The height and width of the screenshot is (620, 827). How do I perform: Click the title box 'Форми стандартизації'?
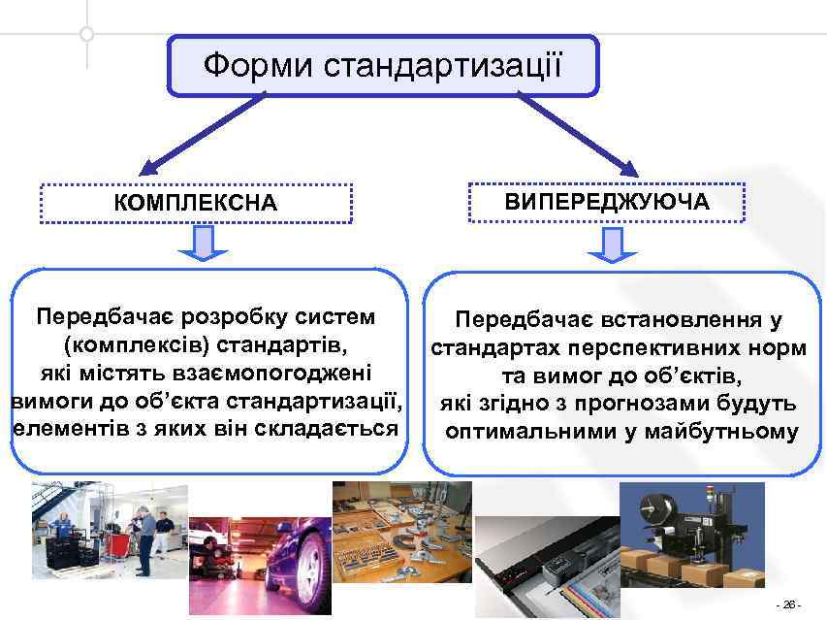pyautogui.click(x=383, y=66)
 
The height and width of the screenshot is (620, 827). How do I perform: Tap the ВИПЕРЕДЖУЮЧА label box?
pyautogui.click(x=607, y=202)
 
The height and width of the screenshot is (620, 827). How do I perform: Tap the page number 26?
pyautogui.click(x=787, y=604)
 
